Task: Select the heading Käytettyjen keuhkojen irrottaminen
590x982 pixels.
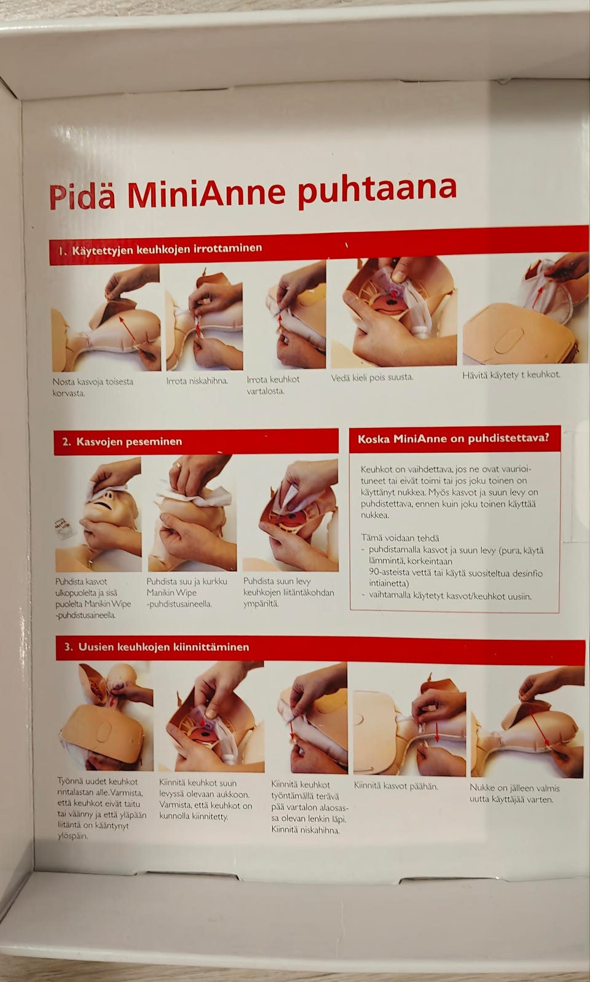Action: (167, 249)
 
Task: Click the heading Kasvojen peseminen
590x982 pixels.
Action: (129, 442)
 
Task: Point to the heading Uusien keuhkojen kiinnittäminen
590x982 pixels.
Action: (163, 647)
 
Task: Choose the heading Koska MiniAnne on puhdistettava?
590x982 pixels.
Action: (453, 439)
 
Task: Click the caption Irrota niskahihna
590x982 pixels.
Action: (197, 381)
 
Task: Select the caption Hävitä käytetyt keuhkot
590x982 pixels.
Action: (511, 375)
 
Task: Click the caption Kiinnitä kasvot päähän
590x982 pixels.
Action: (396, 786)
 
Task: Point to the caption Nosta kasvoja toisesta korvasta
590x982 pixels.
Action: (93, 387)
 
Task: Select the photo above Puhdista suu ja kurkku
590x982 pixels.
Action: (192, 513)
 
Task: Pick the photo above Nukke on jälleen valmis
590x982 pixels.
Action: (527, 722)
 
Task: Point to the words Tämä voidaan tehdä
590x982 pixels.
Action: (399, 538)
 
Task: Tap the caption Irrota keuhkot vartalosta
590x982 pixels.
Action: (273, 385)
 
